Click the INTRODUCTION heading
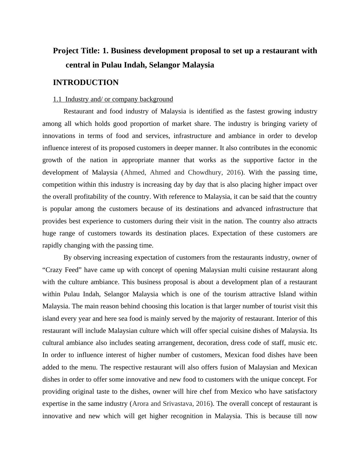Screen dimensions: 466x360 point(86,83)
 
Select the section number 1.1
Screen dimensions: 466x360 point(57,99)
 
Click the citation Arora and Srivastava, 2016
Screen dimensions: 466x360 point(171,404)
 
